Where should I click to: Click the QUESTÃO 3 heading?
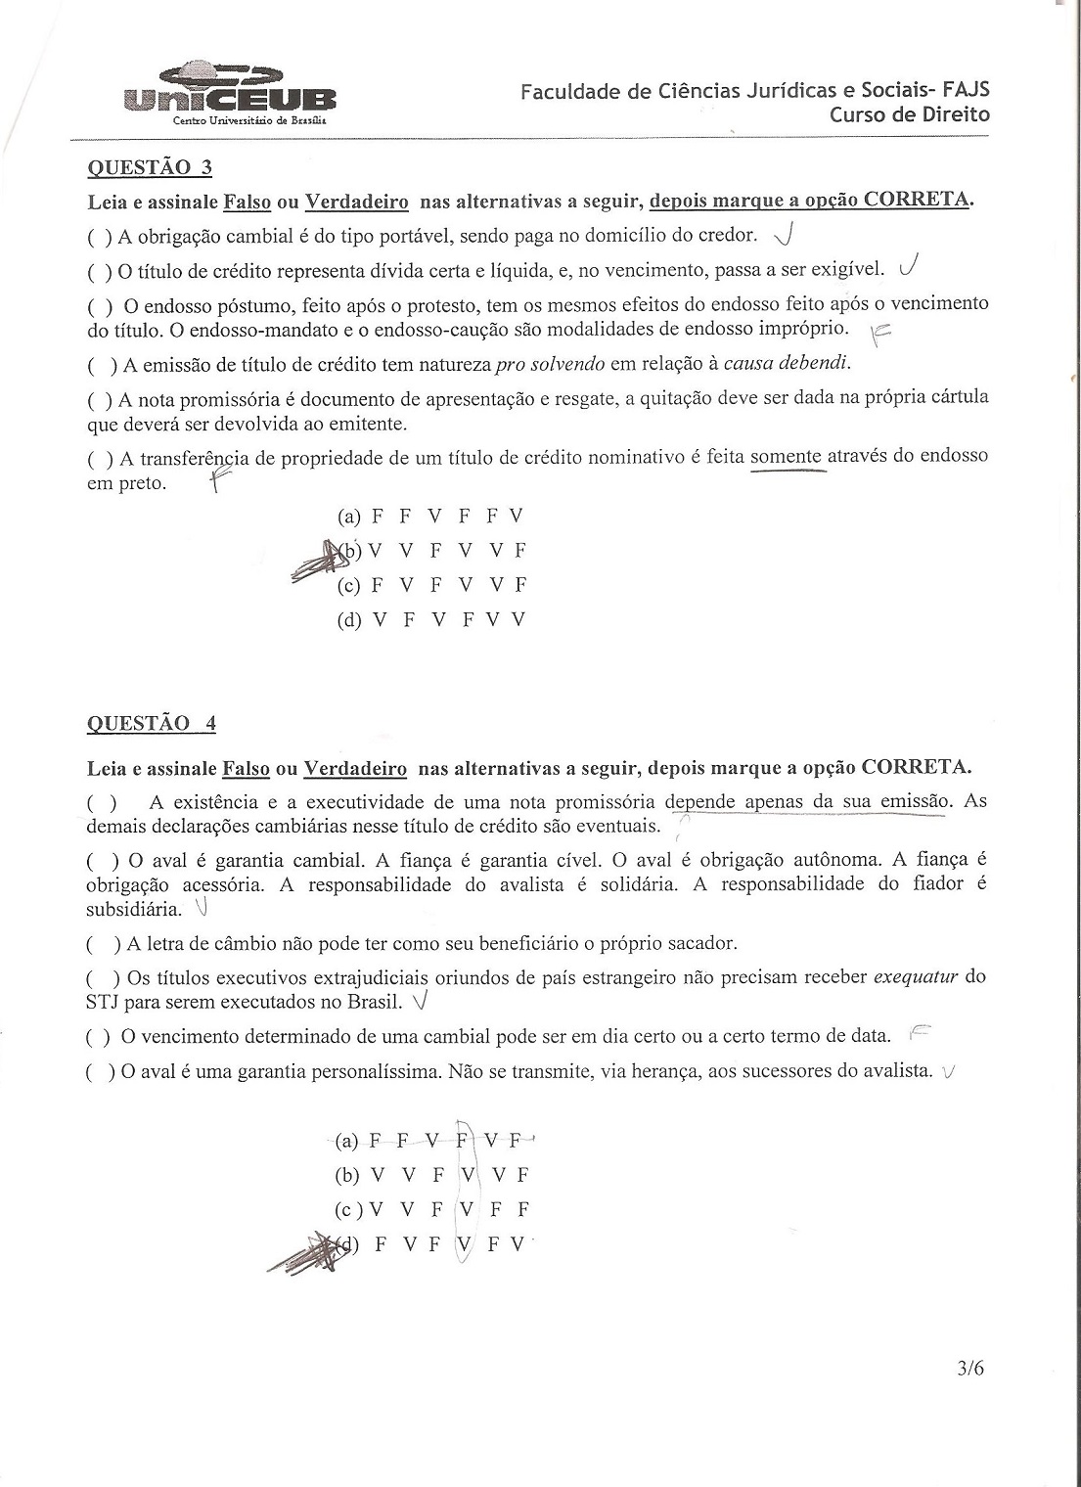coord(150,166)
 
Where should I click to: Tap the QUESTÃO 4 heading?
coord(152,724)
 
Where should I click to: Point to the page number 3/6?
coord(971,1368)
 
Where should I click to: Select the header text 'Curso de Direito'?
coord(910,114)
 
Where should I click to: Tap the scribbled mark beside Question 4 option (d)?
coord(308,1253)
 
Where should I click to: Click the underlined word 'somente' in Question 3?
coord(788,456)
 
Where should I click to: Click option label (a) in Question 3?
coord(349,517)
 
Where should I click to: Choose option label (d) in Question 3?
coord(349,619)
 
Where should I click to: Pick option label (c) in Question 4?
coord(347,1209)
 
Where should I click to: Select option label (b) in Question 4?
coord(347,1175)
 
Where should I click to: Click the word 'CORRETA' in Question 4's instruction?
coord(915,766)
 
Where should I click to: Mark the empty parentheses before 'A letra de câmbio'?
coord(103,944)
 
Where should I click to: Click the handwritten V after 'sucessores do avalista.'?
coord(946,1073)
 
